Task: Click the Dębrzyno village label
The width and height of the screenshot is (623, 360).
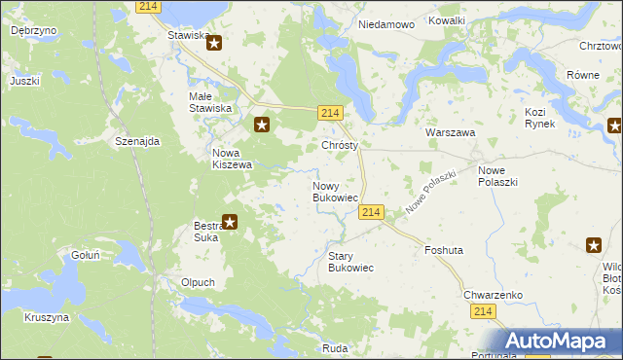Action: coord(33,30)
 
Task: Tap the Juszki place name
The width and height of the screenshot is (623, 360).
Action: coord(24,81)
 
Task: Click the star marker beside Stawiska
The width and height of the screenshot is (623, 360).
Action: coord(215,43)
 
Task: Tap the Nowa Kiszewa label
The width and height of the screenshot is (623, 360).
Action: coord(233,159)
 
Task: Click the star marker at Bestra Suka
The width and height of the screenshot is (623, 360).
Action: coord(230,222)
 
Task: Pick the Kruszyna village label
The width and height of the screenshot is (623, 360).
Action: coord(46,317)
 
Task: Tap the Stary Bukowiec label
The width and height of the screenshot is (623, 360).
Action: coord(350,261)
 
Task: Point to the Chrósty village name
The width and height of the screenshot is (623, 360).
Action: coord(340,146)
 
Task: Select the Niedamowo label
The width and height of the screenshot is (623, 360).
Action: coord(386,24)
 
